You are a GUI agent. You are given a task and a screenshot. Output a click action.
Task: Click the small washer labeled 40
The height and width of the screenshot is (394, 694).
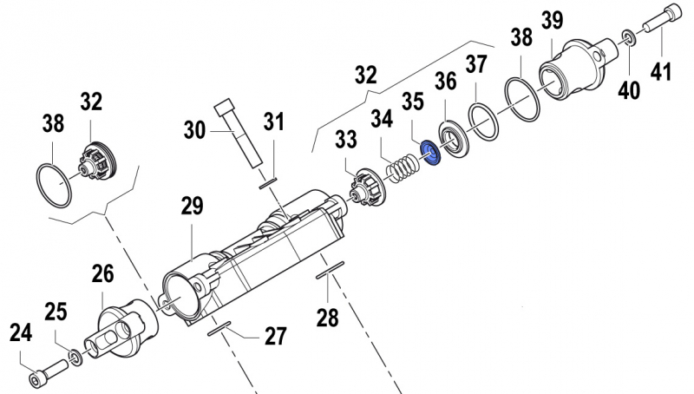[626, 37]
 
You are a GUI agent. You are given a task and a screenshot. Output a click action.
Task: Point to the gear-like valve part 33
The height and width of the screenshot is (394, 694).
[365, 185]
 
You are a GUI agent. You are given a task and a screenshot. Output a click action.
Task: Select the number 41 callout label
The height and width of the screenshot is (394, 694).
[661, 74]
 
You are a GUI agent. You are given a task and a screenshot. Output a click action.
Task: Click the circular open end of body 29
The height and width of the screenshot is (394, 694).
[179, 298]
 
